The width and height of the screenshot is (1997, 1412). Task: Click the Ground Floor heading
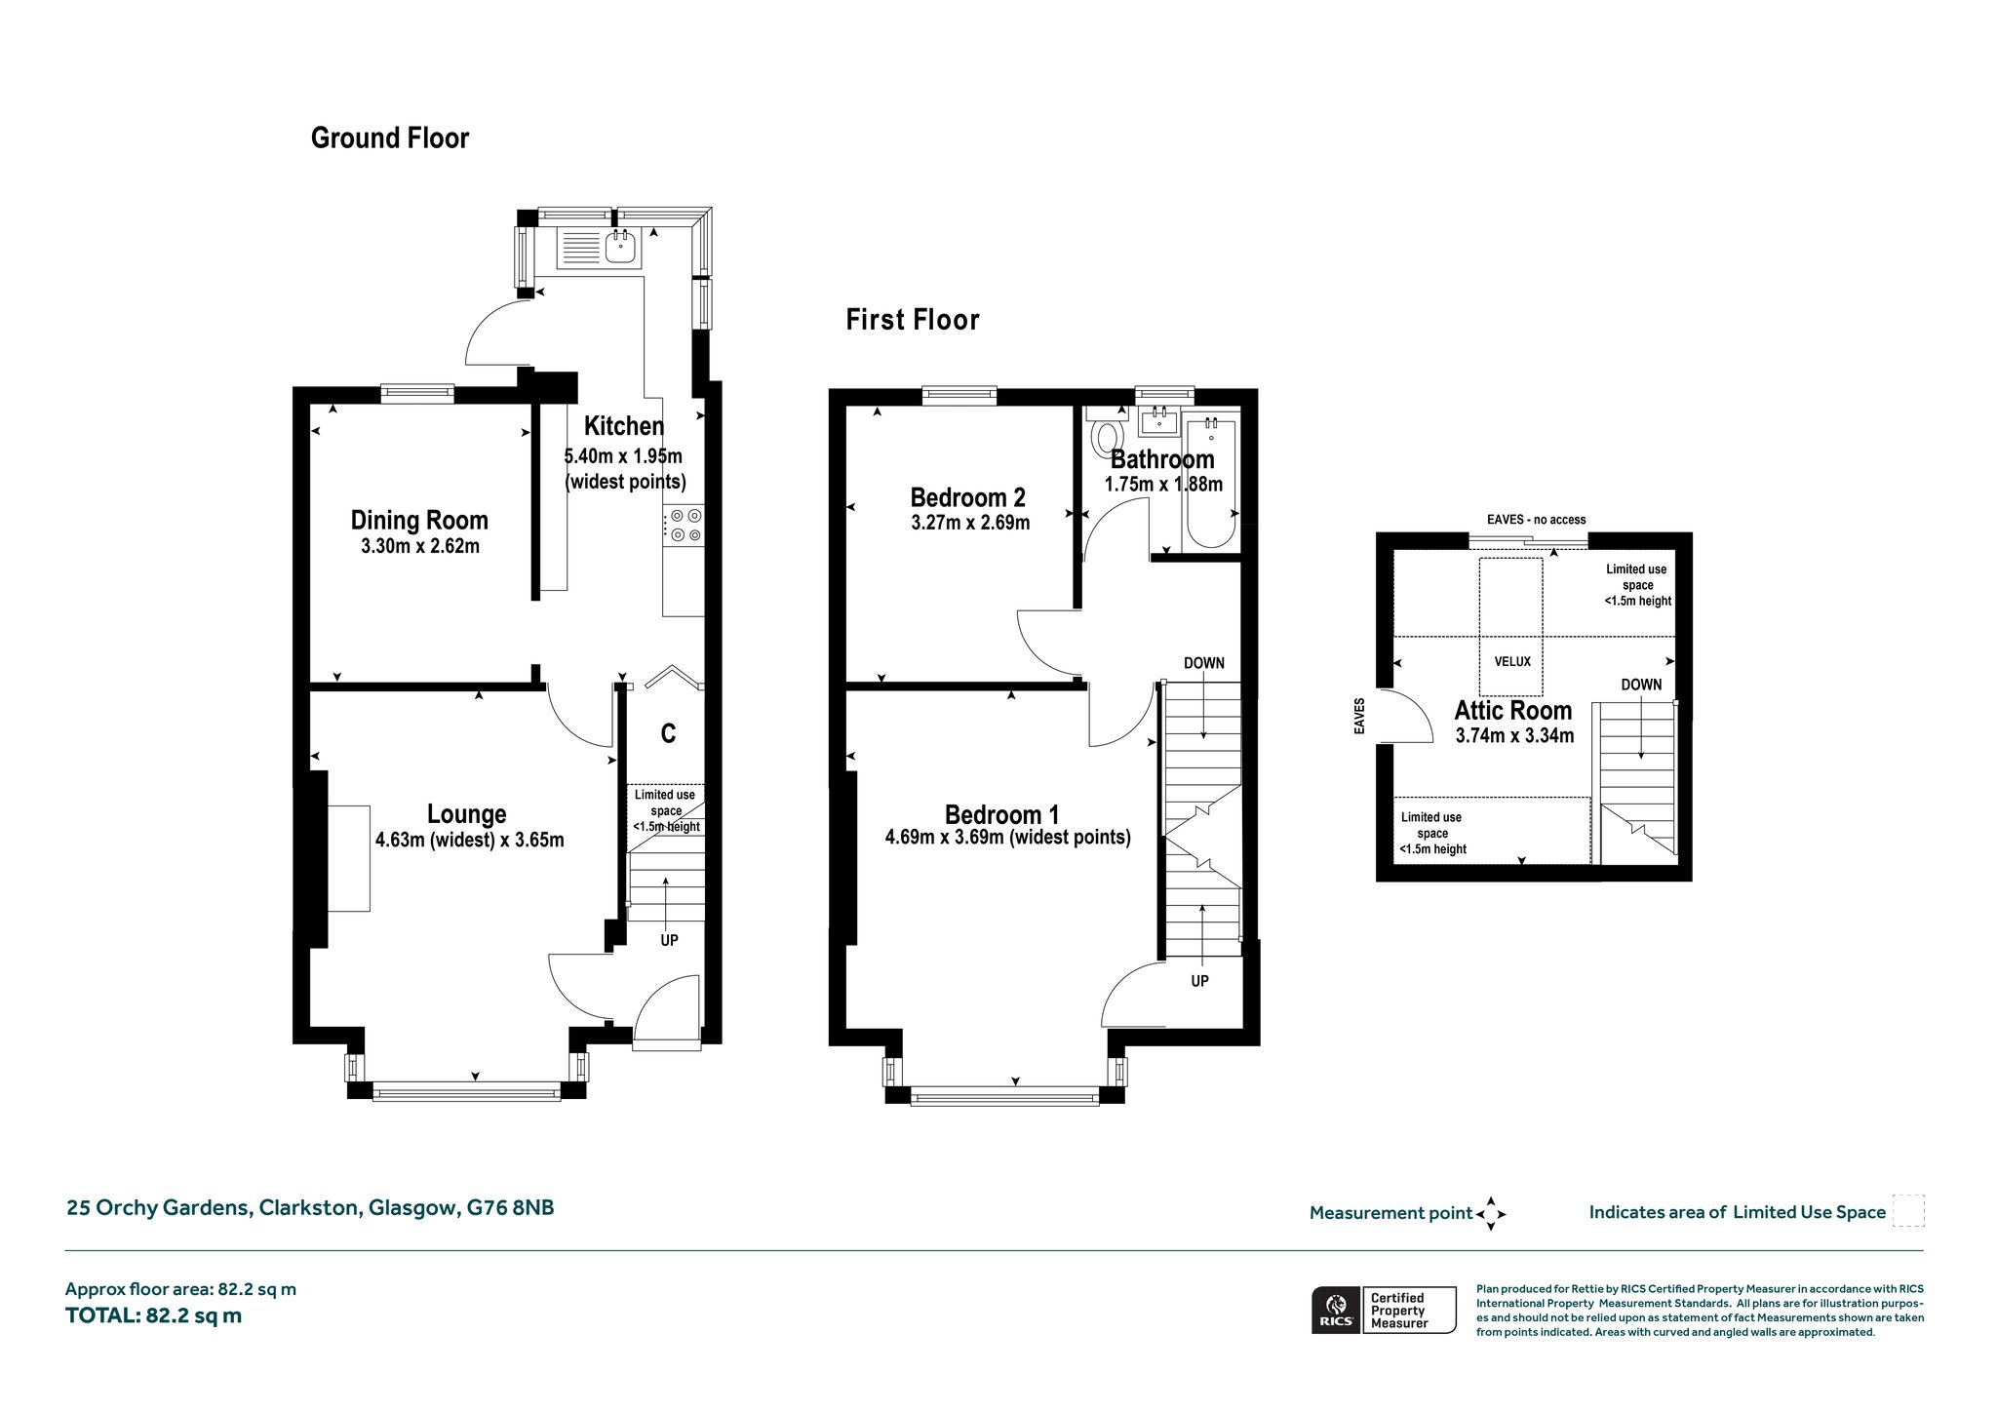tap(390, 138)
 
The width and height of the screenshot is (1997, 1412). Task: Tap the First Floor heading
tap(913, 320)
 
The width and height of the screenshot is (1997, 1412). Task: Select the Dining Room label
tap(419, 521)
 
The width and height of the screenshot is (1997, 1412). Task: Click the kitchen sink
tap(620, 248)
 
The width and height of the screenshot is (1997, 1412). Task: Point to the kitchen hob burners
tap(684, 525)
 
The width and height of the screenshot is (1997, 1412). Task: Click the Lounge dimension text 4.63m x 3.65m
tap(469, 840)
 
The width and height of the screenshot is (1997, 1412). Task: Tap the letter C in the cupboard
tap(668, 733)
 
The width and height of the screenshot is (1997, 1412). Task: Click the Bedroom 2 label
tap(967, 497)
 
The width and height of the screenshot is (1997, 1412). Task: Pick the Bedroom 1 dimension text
tap(1008, 838)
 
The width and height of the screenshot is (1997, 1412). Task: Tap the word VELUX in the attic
tap(1512, 661)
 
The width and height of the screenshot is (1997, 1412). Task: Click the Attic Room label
tap(1513, 710)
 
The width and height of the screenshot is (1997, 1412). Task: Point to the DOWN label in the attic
tap(1641, 685)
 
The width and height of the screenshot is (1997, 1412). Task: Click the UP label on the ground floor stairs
tap(669, 941)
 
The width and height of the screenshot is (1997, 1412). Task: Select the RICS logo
tap(1335, 1310)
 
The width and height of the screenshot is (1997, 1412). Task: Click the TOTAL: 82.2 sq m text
tap(153, 1315)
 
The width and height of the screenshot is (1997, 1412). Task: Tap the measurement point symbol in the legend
tap(1491, 1213)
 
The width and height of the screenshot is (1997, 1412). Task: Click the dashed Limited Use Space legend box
tap(1907, 1211)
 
